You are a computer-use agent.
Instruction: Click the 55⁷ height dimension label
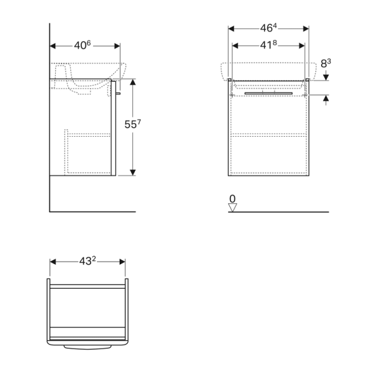click(x=131, y=124)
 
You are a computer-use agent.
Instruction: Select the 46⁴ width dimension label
click(x=269, y=28)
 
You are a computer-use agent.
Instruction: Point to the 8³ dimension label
click(x=326, y=63)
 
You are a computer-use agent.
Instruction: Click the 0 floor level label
click(x=232, y=199)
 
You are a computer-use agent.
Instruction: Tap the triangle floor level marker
click(x=232, y=206)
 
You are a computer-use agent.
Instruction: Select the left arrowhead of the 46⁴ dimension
click(x=231, y=28)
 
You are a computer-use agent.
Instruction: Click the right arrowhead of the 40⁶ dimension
click(x=117, y=46)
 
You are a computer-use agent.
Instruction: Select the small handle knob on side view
click(x=118, y=93)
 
